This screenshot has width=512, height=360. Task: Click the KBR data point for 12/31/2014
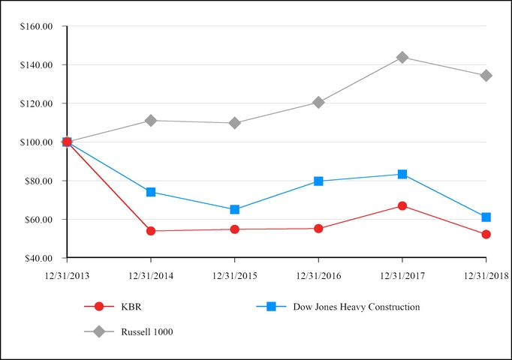tap(151, 231)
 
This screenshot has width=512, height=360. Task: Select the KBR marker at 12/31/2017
tap(402, 205)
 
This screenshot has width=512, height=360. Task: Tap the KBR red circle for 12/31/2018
tap(486, 234)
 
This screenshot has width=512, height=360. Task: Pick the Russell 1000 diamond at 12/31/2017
tap(402, 57)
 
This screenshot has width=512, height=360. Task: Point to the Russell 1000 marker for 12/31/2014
tap(151, 120)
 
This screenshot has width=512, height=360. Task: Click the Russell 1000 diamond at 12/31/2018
tap(486, 75)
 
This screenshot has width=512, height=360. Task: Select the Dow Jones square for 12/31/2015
tap(235, 209)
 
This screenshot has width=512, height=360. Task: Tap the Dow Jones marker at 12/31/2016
tap(318, 181)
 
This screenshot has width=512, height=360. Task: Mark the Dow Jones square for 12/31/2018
tap(486, 217)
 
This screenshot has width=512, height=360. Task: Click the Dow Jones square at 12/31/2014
tap(151, 192)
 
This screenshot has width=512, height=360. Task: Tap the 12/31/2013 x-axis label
tap(67, 276)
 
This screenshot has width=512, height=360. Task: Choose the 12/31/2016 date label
tap(318, 276)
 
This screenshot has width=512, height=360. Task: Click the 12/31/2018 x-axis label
tap(486, 276)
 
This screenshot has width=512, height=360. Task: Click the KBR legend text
tap(130, 306)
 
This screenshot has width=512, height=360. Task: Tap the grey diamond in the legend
tap(98, 331)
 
